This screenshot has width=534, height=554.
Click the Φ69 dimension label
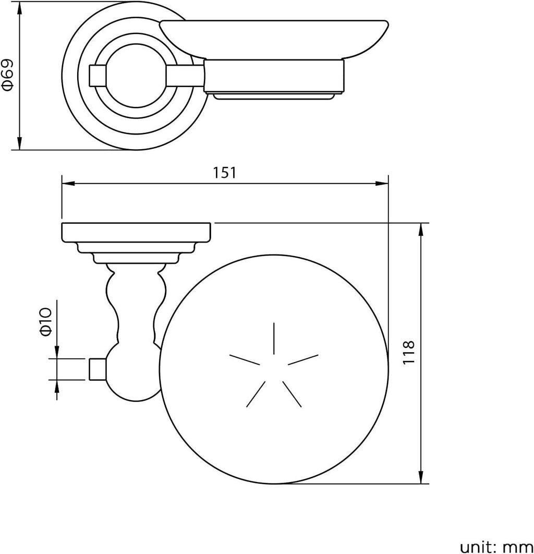pos(8,75)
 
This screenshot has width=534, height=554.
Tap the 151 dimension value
pos(224,173)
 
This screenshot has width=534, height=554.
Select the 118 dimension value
pos(408,353)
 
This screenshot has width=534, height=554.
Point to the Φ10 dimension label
pos(46,321)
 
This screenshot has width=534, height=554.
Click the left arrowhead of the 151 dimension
pos(68,184)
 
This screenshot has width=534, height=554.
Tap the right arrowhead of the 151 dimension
pos(382,184)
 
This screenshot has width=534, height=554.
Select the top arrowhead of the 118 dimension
pos(421,230)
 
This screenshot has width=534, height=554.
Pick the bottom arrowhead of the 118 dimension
pos(421,477)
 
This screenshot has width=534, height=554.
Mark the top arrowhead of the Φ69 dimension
pos(19,8)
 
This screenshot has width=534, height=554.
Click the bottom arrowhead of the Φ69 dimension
pos(19,143)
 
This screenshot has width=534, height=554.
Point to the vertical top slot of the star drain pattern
pos(274,338)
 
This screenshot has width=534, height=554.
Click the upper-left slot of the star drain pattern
pos(245,359)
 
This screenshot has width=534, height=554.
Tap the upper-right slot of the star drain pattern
pos(303,359)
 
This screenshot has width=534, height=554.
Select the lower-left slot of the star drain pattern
pos(256,394)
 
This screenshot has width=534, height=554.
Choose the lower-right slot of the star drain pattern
pos(292,394)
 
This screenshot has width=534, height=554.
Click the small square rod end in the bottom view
pos(97,369)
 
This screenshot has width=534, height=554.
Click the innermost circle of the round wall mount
pos(136,76)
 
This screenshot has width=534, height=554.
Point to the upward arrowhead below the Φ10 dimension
pos(57,387)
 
